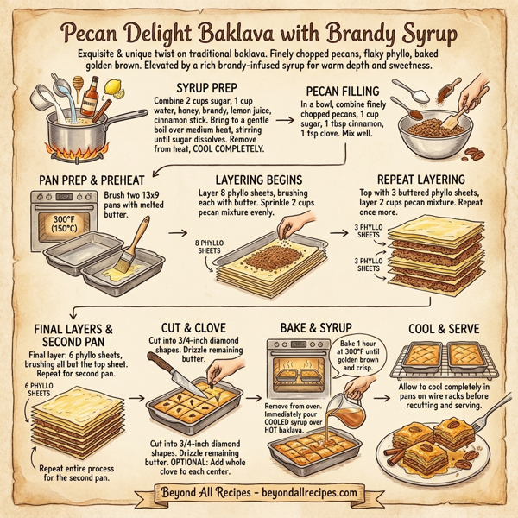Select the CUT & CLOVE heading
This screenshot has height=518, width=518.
(x=204, y=328)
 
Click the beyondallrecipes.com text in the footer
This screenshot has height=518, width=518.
(x=307, y=495)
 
